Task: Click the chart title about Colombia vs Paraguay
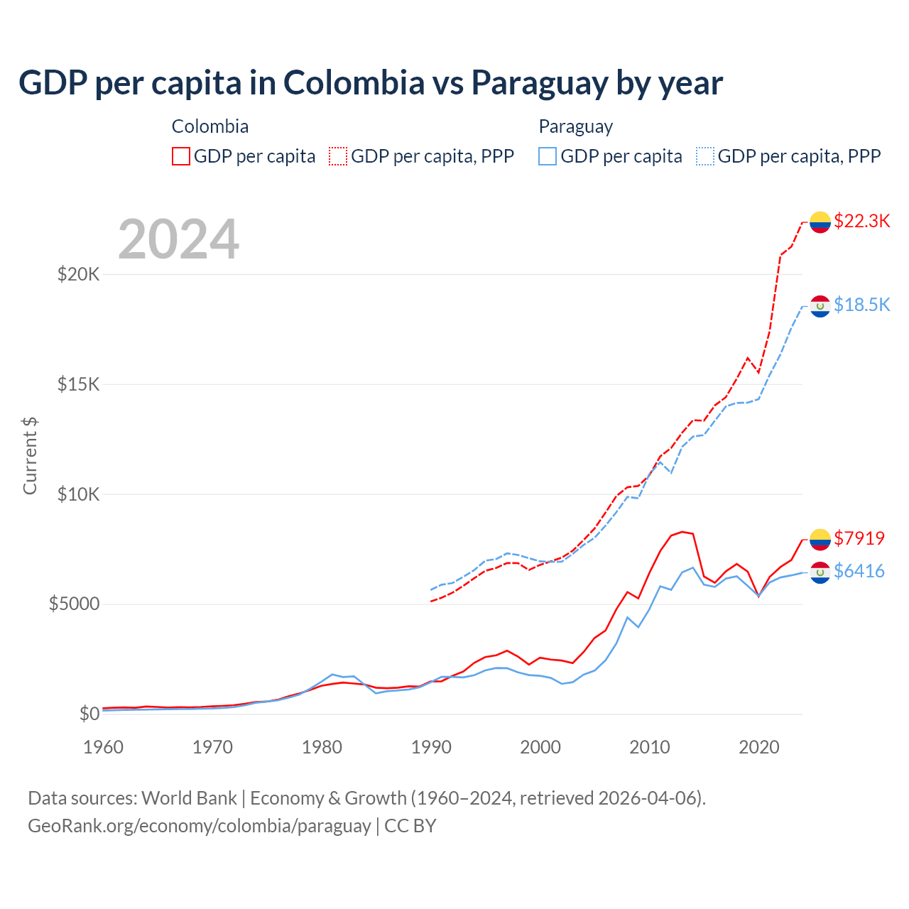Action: pos(371,83)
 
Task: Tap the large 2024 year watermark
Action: pos(178,239)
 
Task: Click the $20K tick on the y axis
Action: pos(78,274)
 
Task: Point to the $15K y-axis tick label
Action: pos(78,384)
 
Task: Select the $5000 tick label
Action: pos(74,604)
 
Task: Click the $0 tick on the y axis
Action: pos(89,714)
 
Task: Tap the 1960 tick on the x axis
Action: pos(104,747)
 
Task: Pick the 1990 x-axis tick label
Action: pos(431,747)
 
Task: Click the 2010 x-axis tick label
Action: pos(650,747)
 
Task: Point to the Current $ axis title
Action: pos(30,455)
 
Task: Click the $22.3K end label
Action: pos(861,221)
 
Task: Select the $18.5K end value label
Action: pos(861,305)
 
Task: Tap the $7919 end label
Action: pos(859,538)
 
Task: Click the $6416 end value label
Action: pos(859,571)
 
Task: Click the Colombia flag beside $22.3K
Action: pos(820,222)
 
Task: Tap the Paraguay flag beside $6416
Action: pos(820,572)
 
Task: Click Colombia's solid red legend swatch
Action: pos(181,156)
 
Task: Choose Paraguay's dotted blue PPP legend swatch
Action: pos(705,156)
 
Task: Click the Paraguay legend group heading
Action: pos(575,126)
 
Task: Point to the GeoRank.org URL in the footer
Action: pos(200,826)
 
